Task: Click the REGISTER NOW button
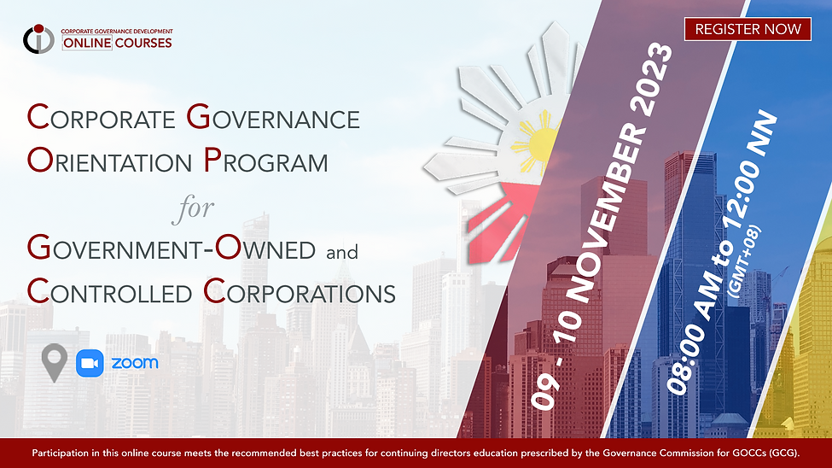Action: click(x=747, y=29)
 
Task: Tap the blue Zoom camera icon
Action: click(x=89, y=363)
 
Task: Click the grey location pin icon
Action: click(x=55, y=363)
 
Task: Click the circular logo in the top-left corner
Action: click(x=38, y=38)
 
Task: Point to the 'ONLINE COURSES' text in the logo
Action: click(x=117, y=43)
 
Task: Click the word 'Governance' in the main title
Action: click(x=273, y=118)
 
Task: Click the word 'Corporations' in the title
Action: click(x=299, y=292)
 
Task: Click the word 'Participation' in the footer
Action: click(x=59, y=453)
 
